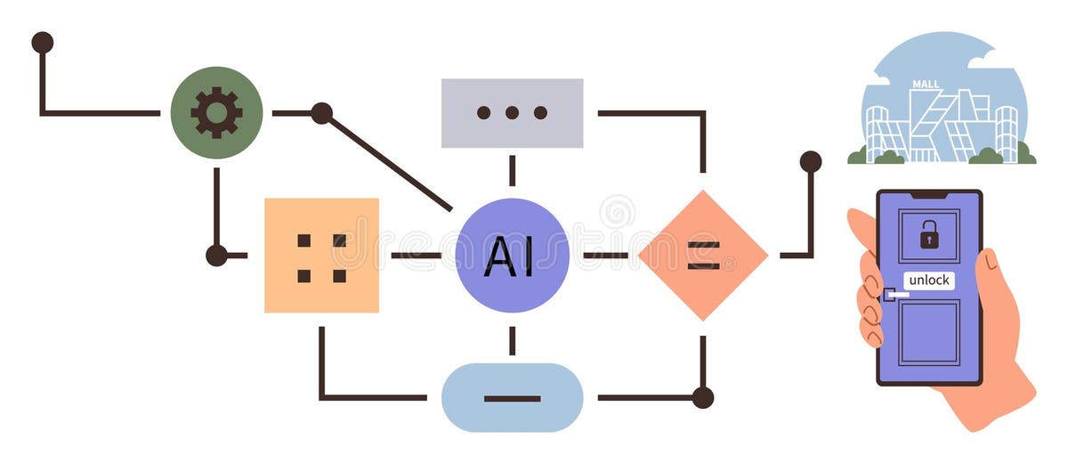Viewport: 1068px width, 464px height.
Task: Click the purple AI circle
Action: coord(511,255)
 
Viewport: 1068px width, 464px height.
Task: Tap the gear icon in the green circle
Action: coord(216,112)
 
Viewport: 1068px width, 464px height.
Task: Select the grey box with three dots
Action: coord(512,112)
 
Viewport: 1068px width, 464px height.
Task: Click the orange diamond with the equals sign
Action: coord(702,255)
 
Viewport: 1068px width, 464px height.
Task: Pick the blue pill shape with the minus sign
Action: coord(512,397)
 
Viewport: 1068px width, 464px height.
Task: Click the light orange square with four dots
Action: coord(321,255)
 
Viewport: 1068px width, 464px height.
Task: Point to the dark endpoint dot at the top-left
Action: coord(42,42)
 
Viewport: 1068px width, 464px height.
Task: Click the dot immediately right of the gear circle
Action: coord(321,113)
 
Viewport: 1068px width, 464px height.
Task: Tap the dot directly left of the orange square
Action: coord(216,256)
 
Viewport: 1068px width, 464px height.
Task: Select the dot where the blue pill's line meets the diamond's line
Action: coord(702,397)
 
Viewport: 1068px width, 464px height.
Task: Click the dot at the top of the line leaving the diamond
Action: coord(810,161)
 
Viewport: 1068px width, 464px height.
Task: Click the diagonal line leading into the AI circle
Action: coord(392,164)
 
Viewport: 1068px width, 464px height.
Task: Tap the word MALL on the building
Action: coord(926,85)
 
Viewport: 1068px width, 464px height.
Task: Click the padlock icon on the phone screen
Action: coord(929,235)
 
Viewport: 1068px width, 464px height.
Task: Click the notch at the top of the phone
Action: coord(929,194)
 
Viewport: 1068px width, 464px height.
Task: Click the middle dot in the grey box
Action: coord(512,113)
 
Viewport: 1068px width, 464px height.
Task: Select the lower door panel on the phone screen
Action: coord(929,331)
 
